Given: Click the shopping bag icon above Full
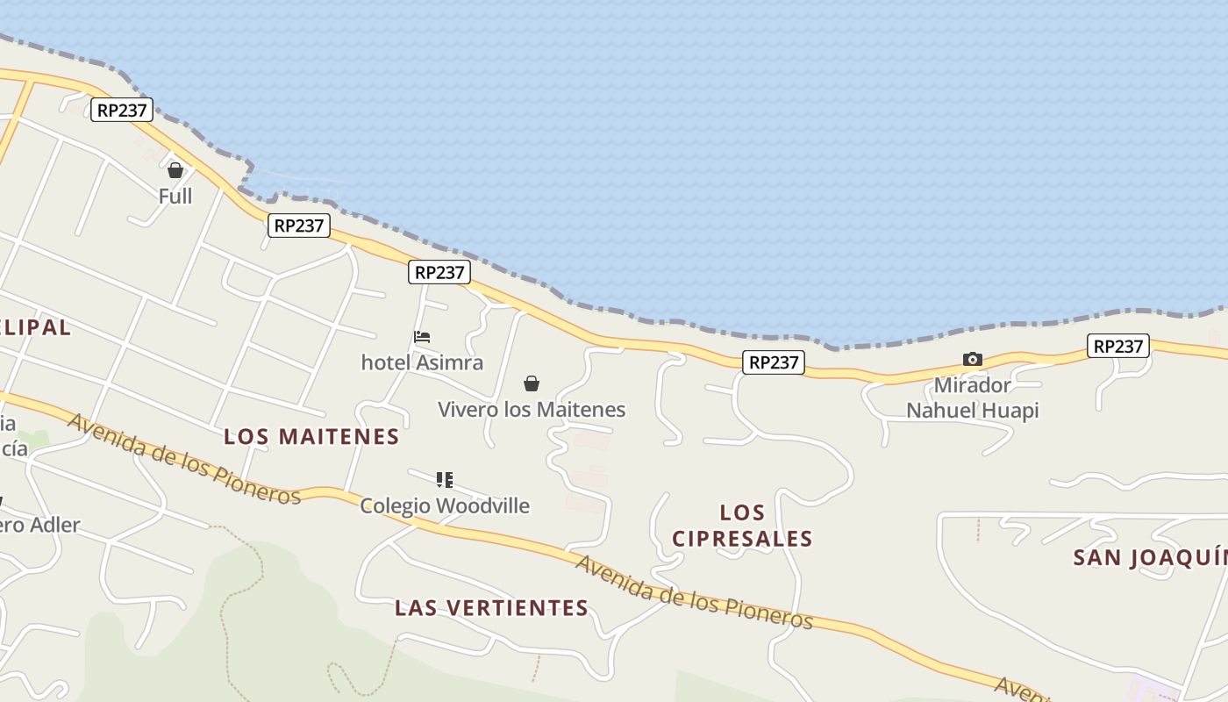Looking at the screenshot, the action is [175, 170].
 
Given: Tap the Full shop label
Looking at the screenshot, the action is [175, 196].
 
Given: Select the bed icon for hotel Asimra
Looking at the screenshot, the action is [422, 337].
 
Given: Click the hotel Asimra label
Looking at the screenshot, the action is [422, 362].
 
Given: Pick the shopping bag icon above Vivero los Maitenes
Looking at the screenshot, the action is [531, 383].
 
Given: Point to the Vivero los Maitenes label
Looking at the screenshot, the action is [532, 409].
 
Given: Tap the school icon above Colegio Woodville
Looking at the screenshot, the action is [445, 480].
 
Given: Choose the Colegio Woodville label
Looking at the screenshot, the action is [445, 505].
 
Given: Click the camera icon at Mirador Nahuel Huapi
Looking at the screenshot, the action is [972, 359].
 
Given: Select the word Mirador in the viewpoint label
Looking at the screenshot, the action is [972, 385].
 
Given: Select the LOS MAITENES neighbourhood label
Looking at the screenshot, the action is [311, 436].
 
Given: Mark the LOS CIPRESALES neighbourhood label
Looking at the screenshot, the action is [742, 525].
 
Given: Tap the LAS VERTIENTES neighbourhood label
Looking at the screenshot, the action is [491, 607].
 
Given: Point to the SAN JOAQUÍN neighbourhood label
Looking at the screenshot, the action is [1150, 557].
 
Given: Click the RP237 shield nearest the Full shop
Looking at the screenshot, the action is [122, 110].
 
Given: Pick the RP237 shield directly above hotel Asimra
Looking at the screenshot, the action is [439, 272].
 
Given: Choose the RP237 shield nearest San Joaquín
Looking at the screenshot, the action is [1118, 346].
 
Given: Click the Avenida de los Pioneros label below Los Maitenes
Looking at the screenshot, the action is [184, 458].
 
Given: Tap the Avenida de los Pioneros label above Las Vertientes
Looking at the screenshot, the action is [694, 591].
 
